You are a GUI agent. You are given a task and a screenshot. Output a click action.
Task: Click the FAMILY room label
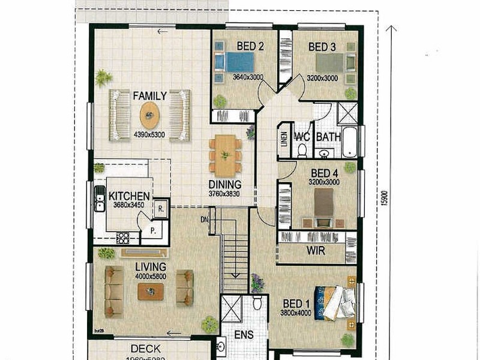pos(149,95)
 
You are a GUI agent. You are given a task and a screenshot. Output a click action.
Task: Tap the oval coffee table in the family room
pos(149,113)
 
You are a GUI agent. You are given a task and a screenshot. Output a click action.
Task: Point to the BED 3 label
pos(322,47)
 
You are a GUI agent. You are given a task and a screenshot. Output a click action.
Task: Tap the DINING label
pos(225,184)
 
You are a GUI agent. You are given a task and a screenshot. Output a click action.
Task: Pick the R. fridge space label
pos(161,209)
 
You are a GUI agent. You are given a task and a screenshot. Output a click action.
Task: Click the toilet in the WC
pos(302,149)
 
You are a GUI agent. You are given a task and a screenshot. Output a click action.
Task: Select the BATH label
pos(328,137)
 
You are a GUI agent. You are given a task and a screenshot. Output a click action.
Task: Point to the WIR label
pos(316,251)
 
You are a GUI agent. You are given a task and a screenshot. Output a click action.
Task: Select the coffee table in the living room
pos(149,292)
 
